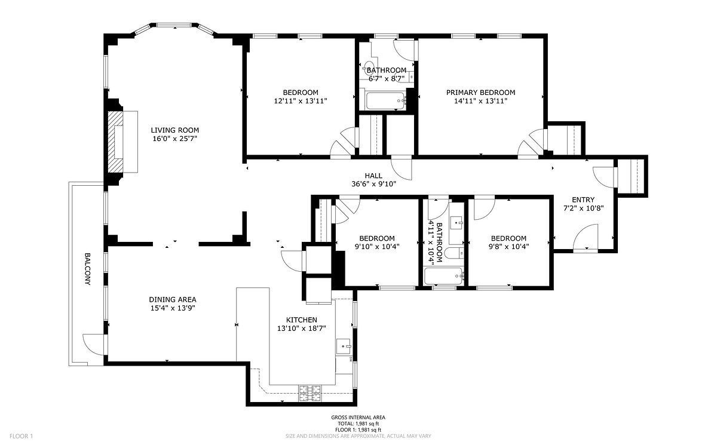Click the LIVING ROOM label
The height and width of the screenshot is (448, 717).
[174, 130]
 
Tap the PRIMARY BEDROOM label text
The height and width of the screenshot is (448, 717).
[481, 93]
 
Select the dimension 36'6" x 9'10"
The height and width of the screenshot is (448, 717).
[374, 184]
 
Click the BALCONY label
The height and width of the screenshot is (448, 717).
[87, 269]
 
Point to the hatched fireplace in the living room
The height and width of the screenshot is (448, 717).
[115, 142]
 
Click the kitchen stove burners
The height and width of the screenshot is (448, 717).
[310, 393]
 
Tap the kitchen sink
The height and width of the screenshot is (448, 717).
[344, 346]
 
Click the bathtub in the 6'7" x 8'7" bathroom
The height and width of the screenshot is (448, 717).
[385, 101]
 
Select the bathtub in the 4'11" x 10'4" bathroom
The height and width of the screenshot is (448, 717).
[443, 276]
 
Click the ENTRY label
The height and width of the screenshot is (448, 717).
[583, 200]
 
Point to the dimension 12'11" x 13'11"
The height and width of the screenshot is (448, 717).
[301, 101]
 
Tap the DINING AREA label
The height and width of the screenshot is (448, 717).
[173, 299]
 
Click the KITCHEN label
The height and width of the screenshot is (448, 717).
[302, 320]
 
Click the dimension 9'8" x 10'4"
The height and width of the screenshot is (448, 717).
[508, 247]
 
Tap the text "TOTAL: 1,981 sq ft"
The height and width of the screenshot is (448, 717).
[358, 424]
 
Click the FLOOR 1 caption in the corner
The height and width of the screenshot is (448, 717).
[21, 436]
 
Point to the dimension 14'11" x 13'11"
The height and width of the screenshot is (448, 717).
[481, 101]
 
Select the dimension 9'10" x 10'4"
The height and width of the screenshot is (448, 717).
[377, 247]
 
